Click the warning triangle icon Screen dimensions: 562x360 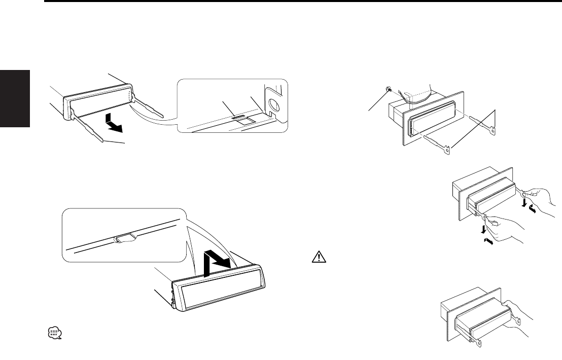[315, 258]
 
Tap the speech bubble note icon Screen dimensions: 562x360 [54, 333]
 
